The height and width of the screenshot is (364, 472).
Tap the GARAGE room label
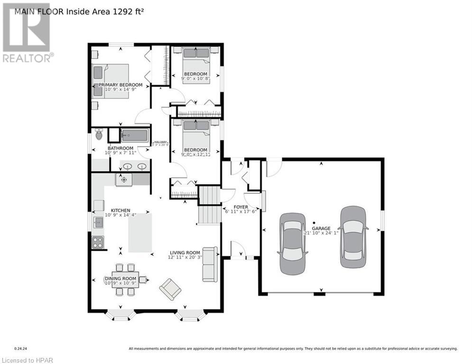(x=321, y=228)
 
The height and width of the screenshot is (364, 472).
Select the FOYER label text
(x=241, y=207)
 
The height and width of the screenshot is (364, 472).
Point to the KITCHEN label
(x=120, y=210)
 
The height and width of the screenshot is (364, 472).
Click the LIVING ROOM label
(x=185, y=253)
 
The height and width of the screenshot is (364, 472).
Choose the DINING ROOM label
(x=120, y=279)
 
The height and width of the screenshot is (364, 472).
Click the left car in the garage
(x=293, y=243)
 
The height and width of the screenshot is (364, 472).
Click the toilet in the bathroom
(x=99, y=135)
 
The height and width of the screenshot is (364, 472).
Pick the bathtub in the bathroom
(x=135, y=136)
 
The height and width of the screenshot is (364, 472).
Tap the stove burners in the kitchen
(x=98, y=242)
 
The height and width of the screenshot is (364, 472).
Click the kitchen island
(x=140, y=233)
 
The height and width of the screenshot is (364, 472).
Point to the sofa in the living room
(x=210, y=264)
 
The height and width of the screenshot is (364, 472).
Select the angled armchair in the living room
(x=170, y=289)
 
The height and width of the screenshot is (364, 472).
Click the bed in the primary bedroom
(x=111, y=81)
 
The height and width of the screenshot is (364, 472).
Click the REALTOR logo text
(x=28, y=58)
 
